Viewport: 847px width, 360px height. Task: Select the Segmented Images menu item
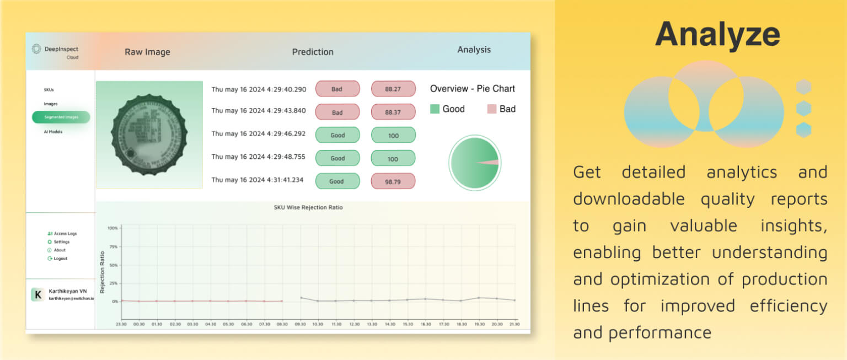pyautogui.click(x=61, y=117)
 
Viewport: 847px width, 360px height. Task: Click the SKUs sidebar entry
pyautogui.click(x=49, y=89)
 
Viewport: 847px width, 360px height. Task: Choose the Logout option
pyautogui.click(x=60, y=259)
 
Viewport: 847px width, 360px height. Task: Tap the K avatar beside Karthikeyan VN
pyautogui.click(x=37, y=294)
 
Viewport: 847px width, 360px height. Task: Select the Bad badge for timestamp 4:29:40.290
pyautogui.click(x=337, y=89)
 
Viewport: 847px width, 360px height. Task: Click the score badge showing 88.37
pyautogui.click(x=393, y=112)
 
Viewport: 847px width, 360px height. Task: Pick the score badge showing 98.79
pyautogui.click(x=393, y=181)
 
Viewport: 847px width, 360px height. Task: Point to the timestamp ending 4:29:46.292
pyautogui.click(x=259, y=134)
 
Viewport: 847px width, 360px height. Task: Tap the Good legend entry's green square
pyautogui.click(x=435, y=109)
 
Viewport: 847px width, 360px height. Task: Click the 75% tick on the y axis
pyautogui.click(x=112, y=246)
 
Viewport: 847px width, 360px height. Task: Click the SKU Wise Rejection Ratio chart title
pyautogui.click(x=308, y=208)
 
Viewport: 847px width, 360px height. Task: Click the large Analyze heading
pyautogui.click(x=717, y=34)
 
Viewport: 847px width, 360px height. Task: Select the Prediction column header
pyautogui.click(x=313, y=52)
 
